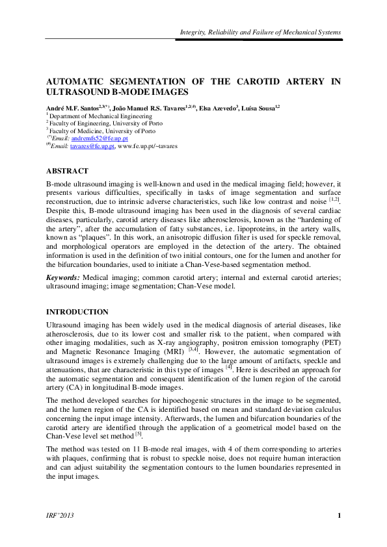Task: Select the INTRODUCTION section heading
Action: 77,312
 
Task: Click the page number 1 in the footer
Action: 340,516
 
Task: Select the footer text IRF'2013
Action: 59,516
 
